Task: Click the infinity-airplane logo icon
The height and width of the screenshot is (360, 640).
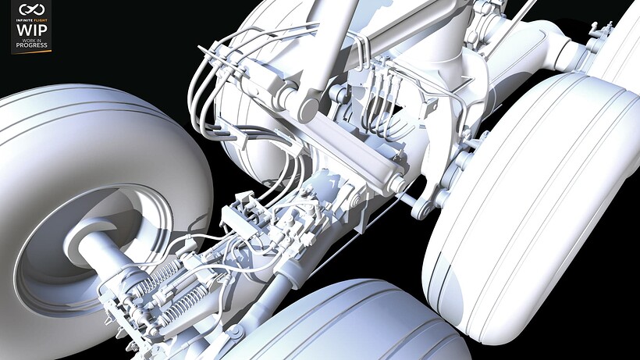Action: (31, 9)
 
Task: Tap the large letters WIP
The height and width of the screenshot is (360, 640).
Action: (31, 30)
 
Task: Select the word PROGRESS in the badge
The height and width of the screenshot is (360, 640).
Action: (32, 45)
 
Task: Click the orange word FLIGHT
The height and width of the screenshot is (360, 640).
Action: (40, 20)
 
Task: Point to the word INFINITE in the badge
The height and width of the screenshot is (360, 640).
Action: (24, 20)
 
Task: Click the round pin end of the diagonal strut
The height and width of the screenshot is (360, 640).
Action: (308, 109)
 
